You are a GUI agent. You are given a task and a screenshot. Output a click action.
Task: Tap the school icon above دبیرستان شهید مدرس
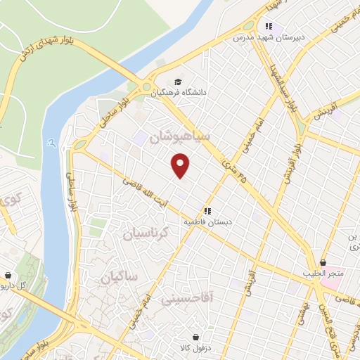pyautogui.click(x=269, y=25)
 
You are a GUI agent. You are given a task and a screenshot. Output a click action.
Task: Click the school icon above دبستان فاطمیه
pyautogui.click(x=207, y=210)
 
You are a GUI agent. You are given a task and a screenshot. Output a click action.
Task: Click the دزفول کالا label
pyautogui.click(x=196, y=347)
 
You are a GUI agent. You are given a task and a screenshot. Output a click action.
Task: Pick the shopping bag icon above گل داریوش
pyautogui.click(x=8, y=275)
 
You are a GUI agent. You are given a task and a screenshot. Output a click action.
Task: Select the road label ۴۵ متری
pyautogui.click(x=226, y=165)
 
